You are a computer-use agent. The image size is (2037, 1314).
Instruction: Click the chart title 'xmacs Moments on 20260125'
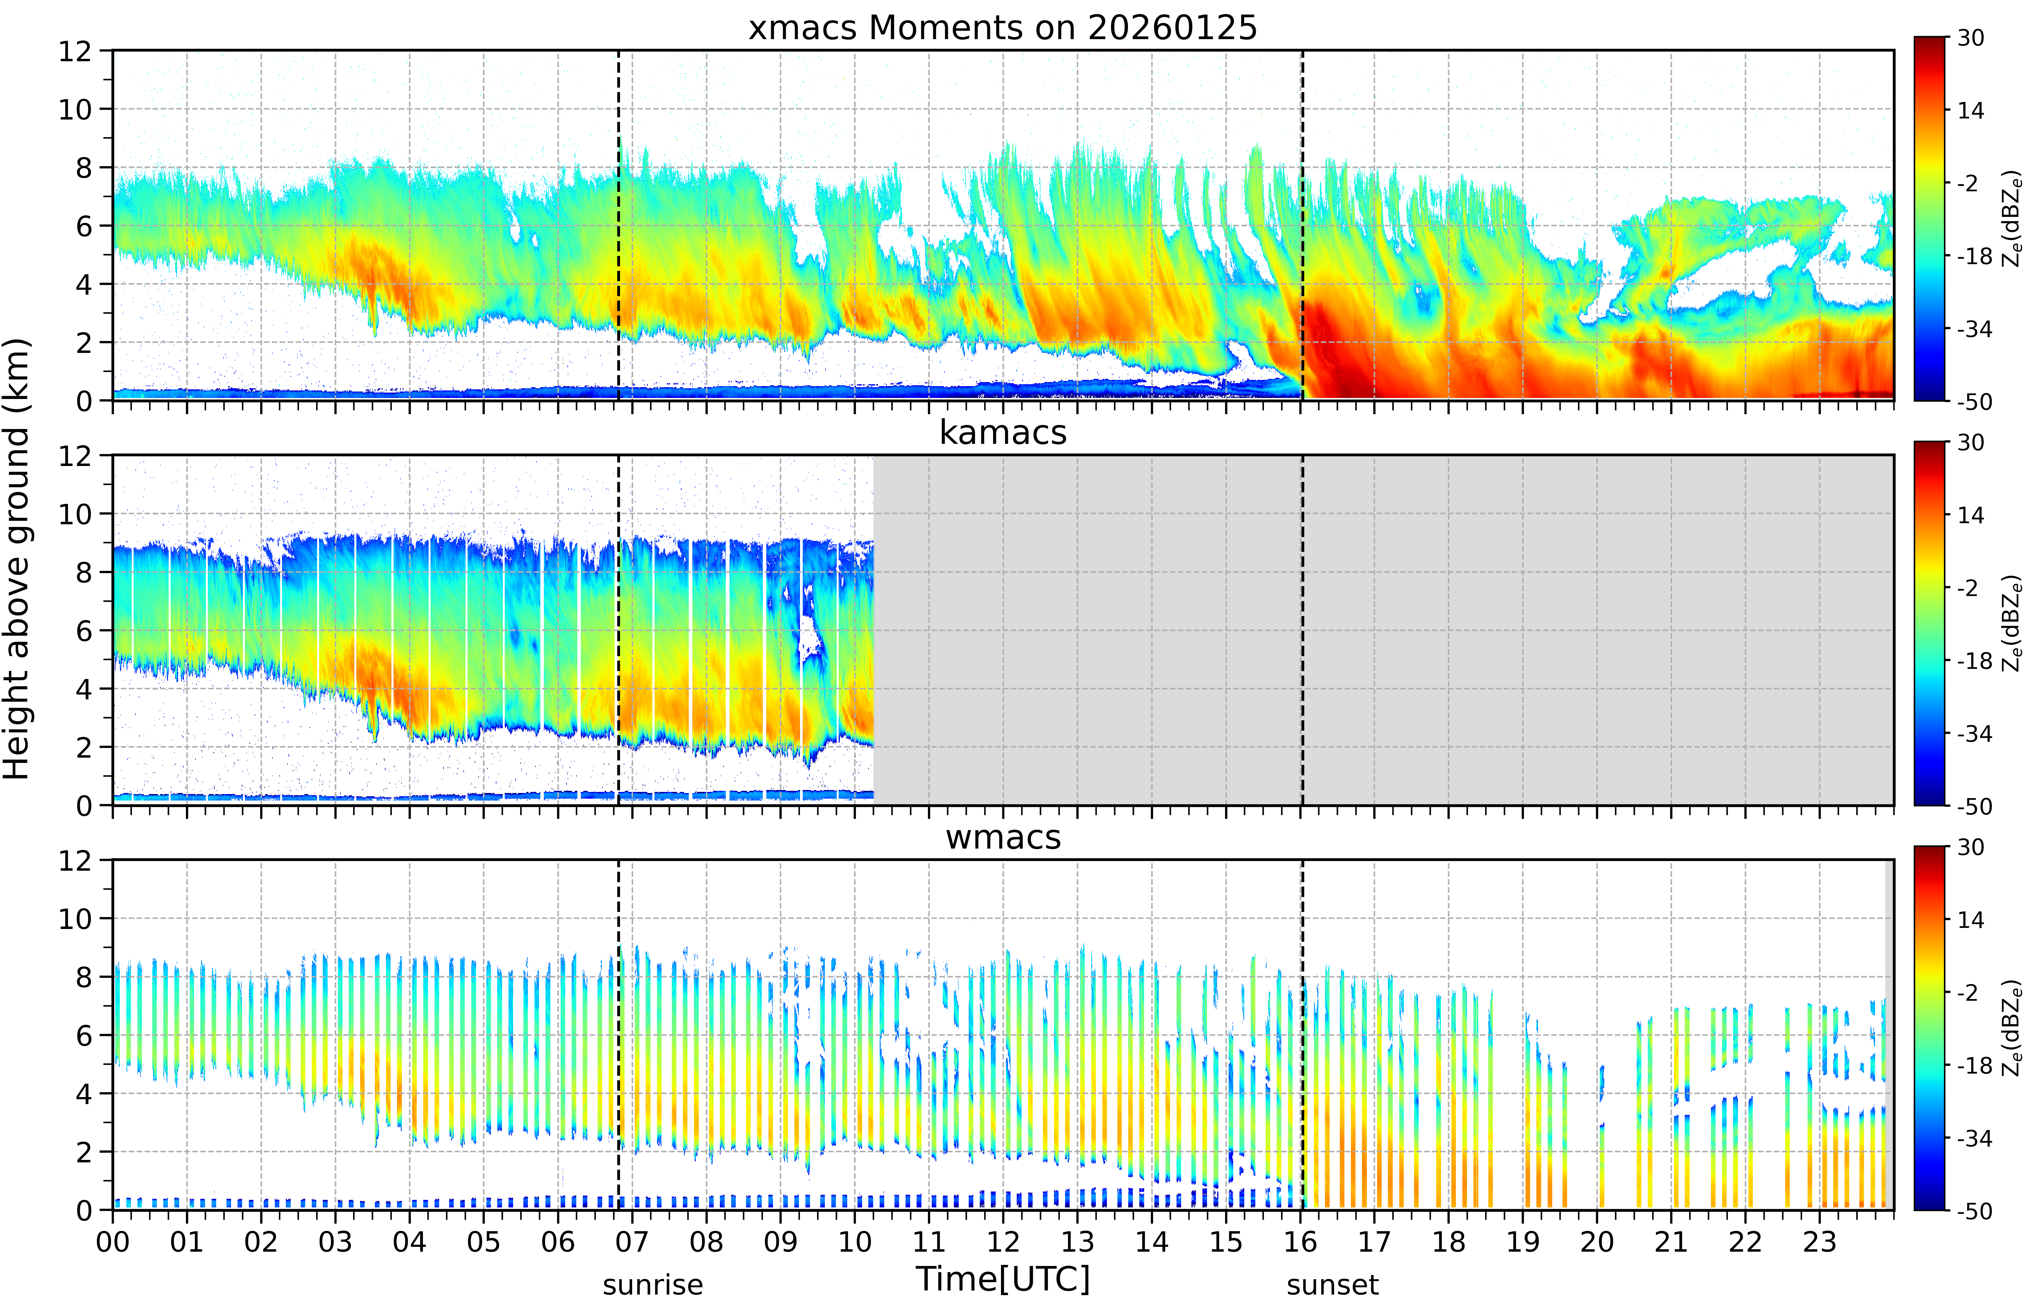coord(1003,28)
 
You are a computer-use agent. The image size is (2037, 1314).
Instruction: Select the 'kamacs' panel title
coord(1003,433)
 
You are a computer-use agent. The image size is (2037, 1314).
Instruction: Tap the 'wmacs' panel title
coord(1003,837)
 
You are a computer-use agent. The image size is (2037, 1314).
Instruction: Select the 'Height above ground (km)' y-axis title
coord(17,559)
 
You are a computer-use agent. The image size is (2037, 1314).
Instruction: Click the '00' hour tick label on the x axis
coord(113,1241)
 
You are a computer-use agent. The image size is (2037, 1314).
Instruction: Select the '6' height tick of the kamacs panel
coord(84,631)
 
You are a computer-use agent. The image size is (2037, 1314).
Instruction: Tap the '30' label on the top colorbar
coord(1970,38)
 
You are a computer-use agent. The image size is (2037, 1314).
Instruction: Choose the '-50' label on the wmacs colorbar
coord(1975,1211)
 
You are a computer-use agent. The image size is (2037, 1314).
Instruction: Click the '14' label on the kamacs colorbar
coord(1970,515)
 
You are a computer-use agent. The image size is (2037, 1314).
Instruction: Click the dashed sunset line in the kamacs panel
coord(1302,630)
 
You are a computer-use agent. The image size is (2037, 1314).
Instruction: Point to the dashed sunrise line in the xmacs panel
coord(619,225)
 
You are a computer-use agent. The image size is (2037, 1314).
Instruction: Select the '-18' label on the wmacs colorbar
coord(1975,1066)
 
